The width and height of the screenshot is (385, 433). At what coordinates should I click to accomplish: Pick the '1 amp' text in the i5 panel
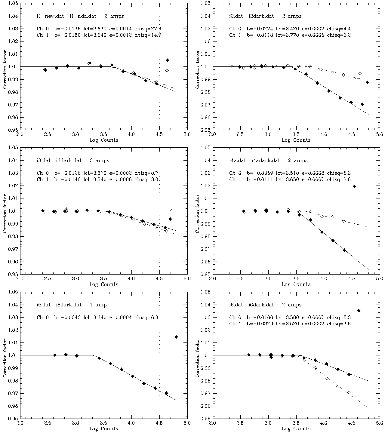(98, 305)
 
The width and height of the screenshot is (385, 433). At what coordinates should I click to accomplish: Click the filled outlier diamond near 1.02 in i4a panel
(354, 186)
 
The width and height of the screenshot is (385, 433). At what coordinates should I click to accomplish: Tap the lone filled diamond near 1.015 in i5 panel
(176, 337)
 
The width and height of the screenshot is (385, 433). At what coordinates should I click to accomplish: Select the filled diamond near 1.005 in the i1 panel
(168, 60)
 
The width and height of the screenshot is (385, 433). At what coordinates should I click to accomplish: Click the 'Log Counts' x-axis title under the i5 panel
(104, 429)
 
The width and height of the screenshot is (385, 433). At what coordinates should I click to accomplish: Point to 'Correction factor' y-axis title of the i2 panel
(197, 69)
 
